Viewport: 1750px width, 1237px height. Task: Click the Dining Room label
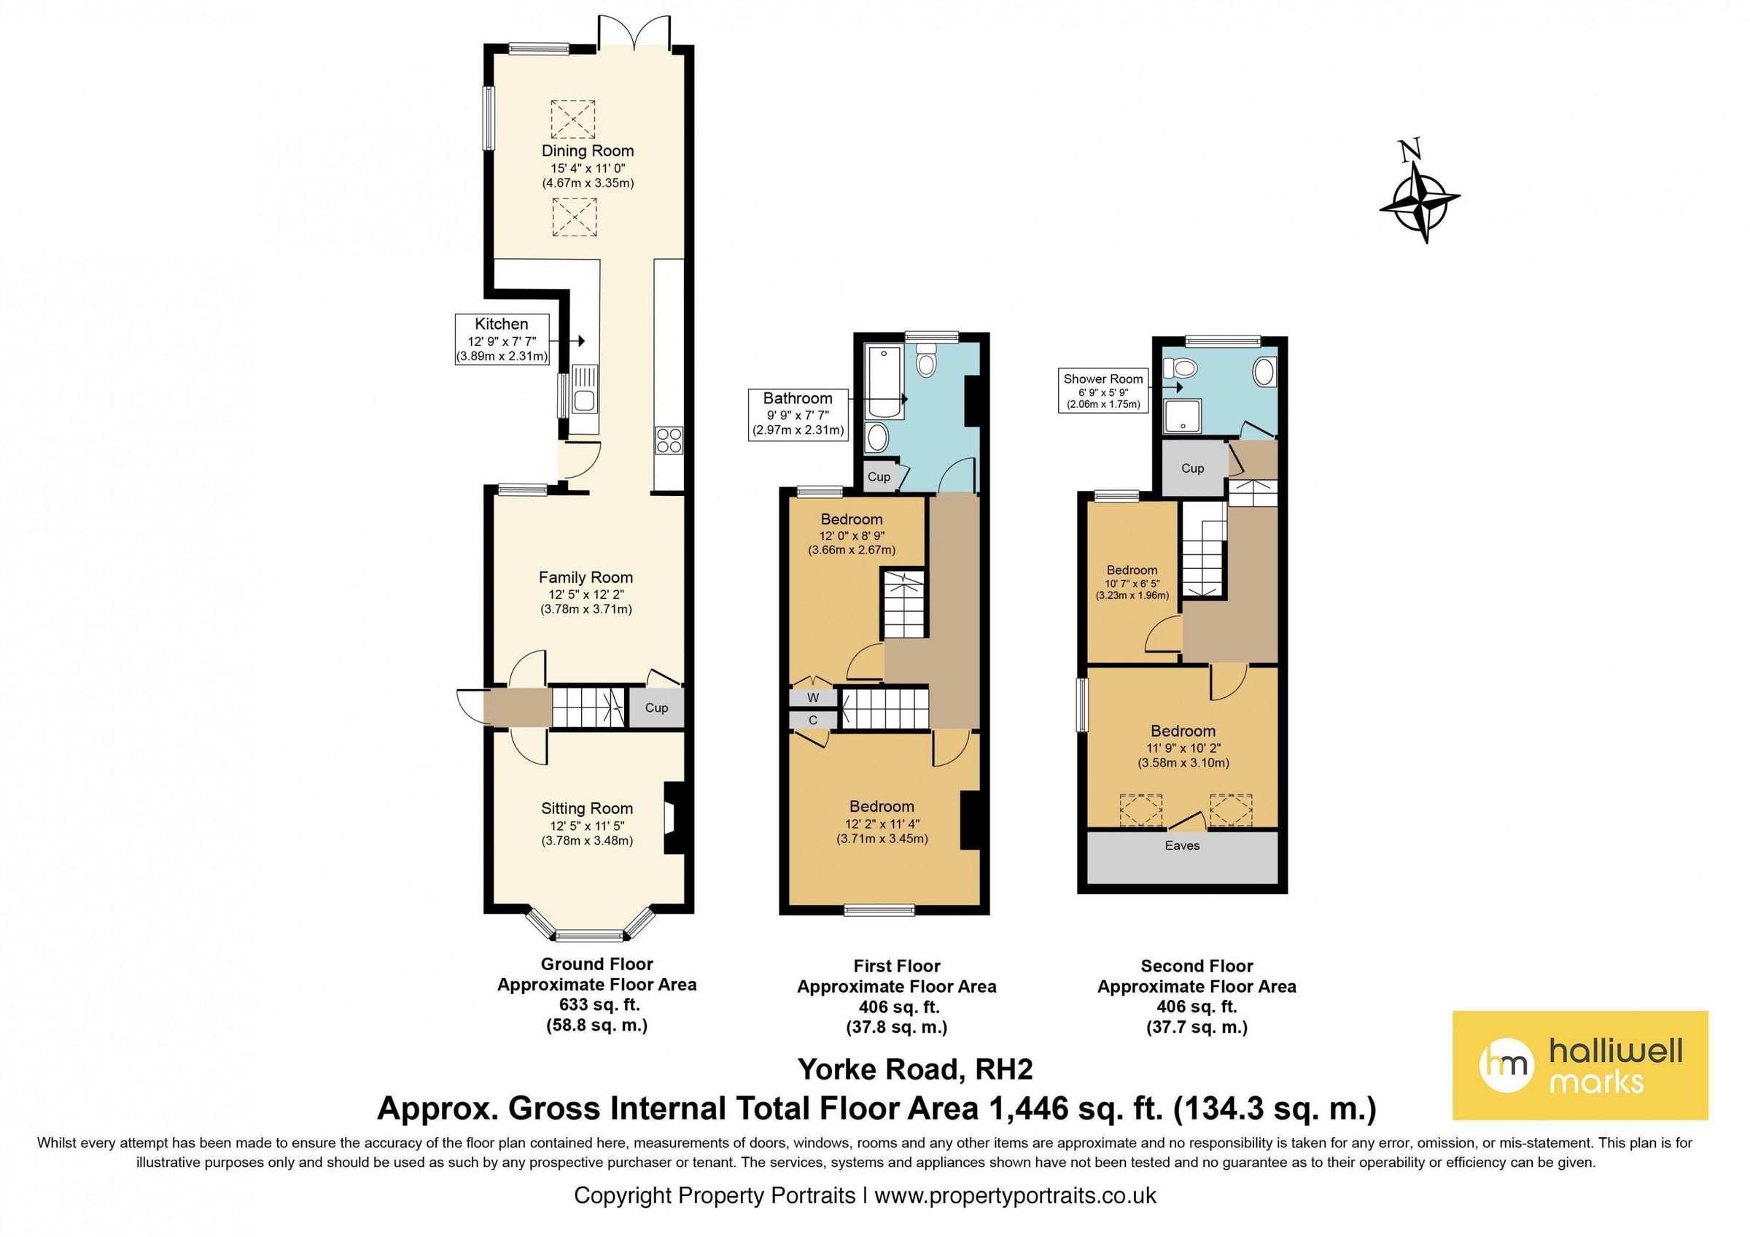(x=587, y=151)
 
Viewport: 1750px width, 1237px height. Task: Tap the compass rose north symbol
(x=1419, y=201)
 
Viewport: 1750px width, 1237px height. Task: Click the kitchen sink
(x=585, y=400)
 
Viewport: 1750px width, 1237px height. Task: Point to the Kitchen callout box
(x=501, y=339)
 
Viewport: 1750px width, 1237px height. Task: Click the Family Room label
(x=586, y=578)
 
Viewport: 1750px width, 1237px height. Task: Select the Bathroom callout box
(x=797, y=414)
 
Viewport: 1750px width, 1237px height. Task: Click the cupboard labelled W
(x=812, y=697)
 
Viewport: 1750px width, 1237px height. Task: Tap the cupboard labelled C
(x=812, y=719)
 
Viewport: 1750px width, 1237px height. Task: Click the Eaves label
(x=1181, y=845)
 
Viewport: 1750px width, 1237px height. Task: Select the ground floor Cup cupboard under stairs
(x=656, y=707)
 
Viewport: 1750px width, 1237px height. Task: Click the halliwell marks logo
(x=1579, y=1065)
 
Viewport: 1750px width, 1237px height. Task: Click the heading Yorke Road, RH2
(x=914, y=1069)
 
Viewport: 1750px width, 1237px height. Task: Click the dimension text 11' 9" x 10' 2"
(x=1183, y=748)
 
